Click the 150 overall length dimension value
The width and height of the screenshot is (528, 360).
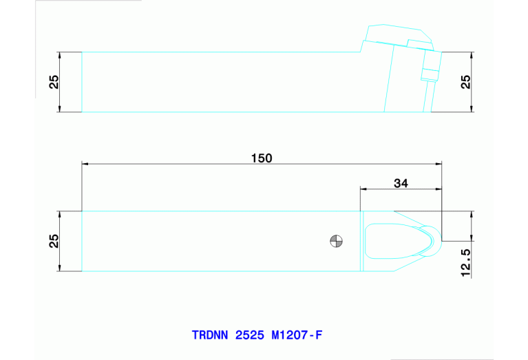click(262, 158)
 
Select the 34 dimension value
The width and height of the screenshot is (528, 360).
click(401, 183)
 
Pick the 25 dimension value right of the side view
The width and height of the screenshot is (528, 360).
click(465, 82)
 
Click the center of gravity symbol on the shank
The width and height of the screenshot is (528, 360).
click(336, 241)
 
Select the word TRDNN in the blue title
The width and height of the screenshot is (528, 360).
click(211, 336)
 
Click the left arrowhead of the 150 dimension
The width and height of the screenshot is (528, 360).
click(85, 165)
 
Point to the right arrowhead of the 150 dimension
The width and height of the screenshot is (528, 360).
click(439, 165)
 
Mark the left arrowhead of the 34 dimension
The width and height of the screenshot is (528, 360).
click(363, 189)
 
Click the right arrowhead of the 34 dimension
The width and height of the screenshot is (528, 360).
click(439, 189)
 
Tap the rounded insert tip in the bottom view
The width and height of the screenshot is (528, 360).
click(433, 241)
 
